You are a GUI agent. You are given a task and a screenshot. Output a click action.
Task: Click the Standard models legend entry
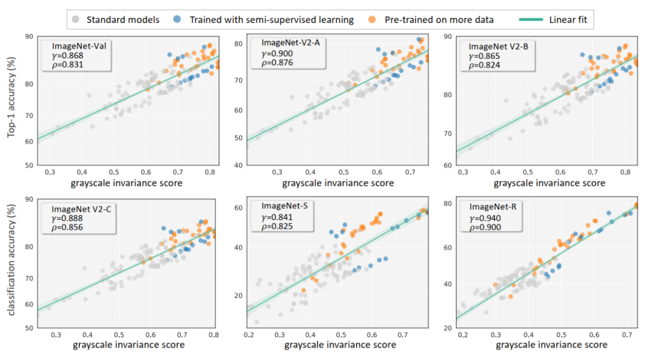(123, 19)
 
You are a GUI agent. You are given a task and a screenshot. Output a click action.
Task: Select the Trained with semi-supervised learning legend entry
(271, 19)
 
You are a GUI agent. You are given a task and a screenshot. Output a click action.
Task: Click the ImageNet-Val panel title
(76, 46)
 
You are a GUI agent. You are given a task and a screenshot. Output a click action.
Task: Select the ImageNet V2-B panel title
(497, 46)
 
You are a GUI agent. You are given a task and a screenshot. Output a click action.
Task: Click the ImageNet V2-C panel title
(83, 209)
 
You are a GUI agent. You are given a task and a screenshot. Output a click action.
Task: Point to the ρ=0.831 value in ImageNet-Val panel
(67, 64)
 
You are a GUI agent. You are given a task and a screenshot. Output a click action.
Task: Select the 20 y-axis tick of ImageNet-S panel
(238, 295)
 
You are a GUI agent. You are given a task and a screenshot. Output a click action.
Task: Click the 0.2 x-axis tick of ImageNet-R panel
(463, 334)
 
